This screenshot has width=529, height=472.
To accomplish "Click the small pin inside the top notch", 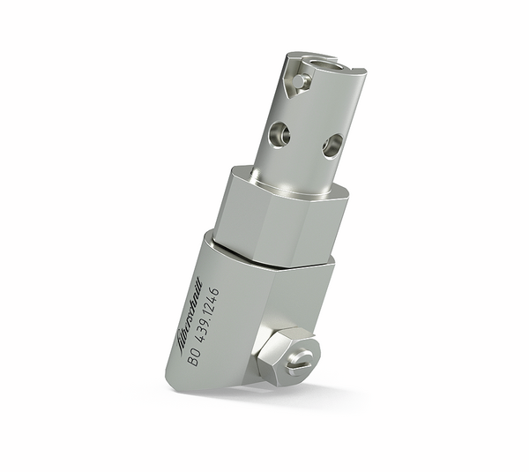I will point(301,81).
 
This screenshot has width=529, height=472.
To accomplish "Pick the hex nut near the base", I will point(286,356).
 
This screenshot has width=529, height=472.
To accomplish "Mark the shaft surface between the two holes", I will point(305,141).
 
